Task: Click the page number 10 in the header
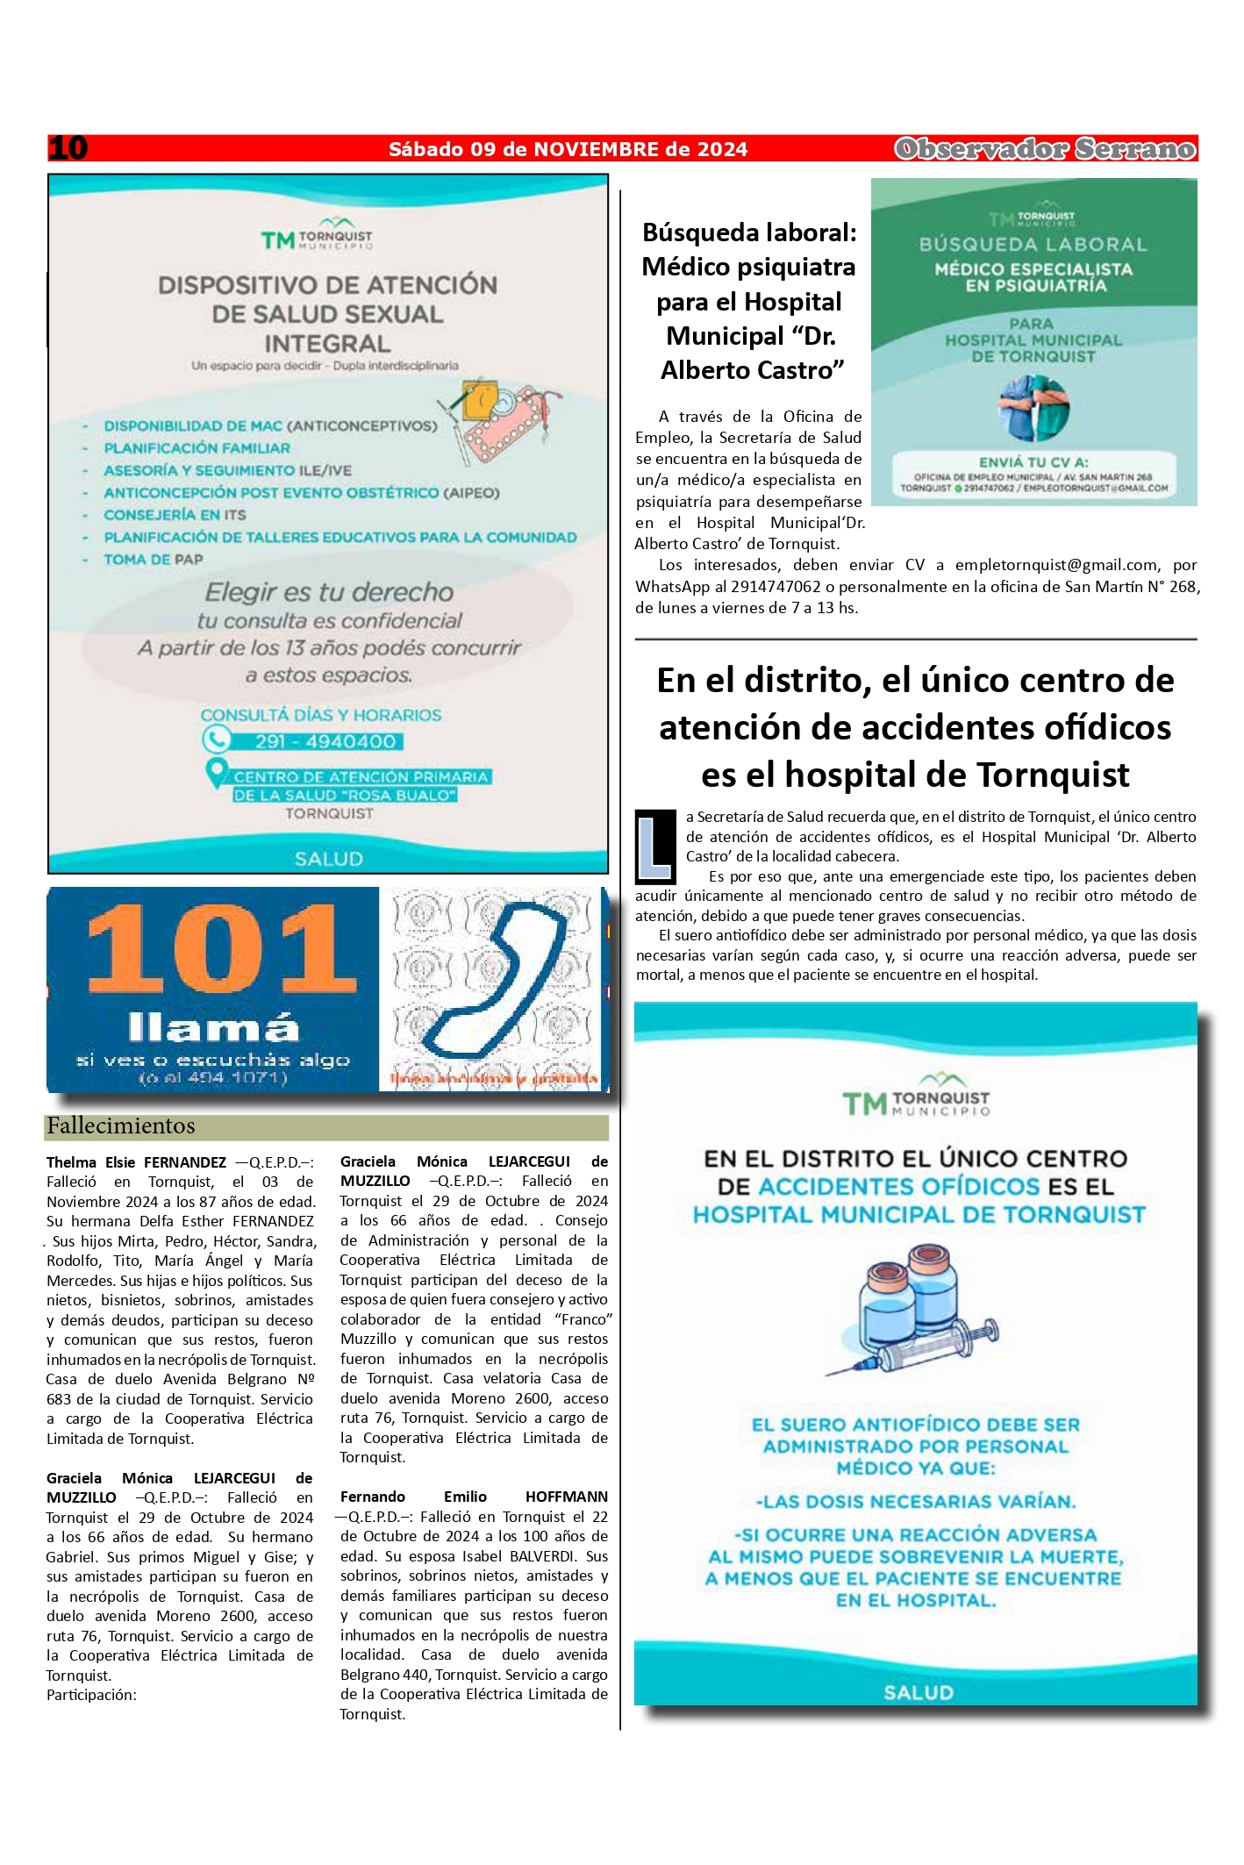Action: (x=68, y=148)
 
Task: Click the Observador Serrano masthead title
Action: (x=1045, y=149)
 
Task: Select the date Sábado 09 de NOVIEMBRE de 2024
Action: (x=568, y=149)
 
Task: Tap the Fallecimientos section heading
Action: (x=121, y=1126)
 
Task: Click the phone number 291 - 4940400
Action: (x=325, y=741)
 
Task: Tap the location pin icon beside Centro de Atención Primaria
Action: (x=215, y=774)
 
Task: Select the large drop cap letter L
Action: (x=655, y=847)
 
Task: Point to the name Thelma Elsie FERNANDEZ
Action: (x=136, y=1162)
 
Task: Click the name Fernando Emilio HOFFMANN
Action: (x=474, y=1497)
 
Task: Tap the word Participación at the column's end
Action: (x=91, y=1695)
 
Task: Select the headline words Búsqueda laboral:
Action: (x=749, y=232)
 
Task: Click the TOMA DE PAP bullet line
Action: (x=153, y=559)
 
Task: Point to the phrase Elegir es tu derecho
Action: (x=329, y=592)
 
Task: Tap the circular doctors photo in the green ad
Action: (x=1033, y=409)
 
